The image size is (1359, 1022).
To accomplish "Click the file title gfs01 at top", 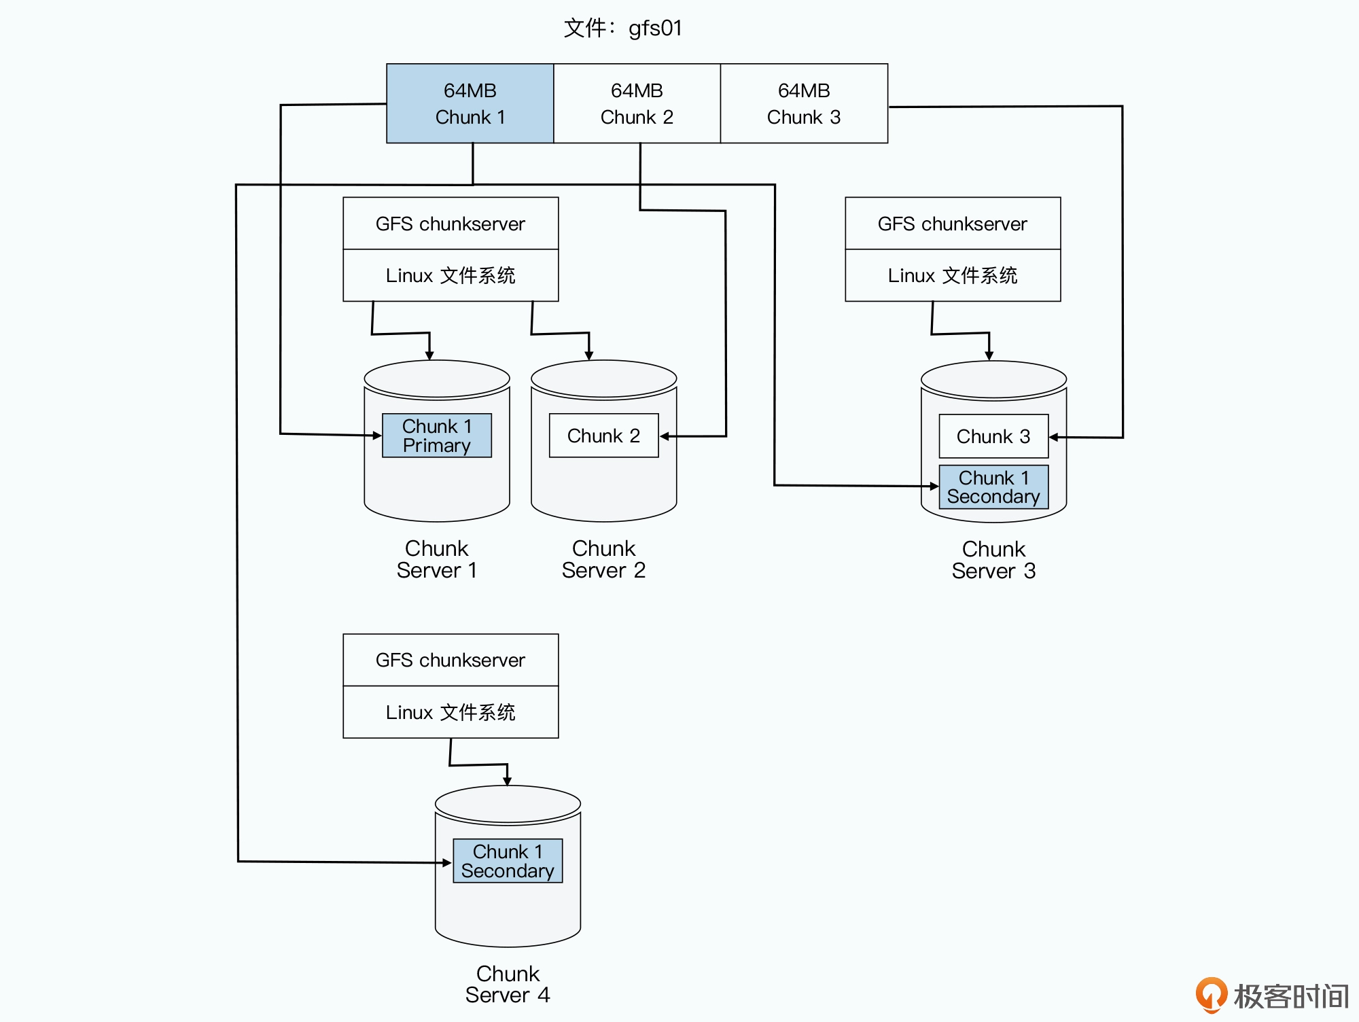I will click(x=622, y=28).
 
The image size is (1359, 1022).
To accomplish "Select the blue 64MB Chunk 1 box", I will click(x=470, y=103).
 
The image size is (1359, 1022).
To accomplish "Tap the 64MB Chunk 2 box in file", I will click(x=637, y=103).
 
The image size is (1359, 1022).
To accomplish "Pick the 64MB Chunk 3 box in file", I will click(x=804, y=103).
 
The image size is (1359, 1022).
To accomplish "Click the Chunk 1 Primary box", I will click(x=436, y=436).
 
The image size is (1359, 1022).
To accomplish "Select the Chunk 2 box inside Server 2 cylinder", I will click(x=603, y=436).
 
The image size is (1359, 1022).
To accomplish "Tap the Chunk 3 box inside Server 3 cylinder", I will click(x=993, y=436).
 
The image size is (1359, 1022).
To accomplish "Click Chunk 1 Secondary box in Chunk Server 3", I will click(x=993, y=487).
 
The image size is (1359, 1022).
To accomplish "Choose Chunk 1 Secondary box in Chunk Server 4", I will click(x=508, y=861).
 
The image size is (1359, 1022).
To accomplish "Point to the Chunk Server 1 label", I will click(x=436, y=559).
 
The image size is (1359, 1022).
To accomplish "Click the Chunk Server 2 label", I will click(x=603, y=559).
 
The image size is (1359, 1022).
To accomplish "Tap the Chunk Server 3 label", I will click(x=993, y=560).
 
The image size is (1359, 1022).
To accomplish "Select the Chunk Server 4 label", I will click(x=508, y=984).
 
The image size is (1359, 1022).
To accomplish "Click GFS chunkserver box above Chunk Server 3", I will click(x=952, y=224).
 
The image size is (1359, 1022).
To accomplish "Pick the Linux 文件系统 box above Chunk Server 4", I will click(x=451, y=712).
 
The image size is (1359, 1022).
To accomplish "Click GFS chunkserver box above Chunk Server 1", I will click(x=451, y=224).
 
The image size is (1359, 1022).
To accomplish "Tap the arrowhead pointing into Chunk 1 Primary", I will click(x=377, y=436).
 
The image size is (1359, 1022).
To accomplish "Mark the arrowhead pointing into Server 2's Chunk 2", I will click(x=665, y=436).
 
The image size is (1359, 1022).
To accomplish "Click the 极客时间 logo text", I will click(x=1290, y=996).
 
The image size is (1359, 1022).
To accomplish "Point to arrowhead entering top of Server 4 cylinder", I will click(x=507, y=781).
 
